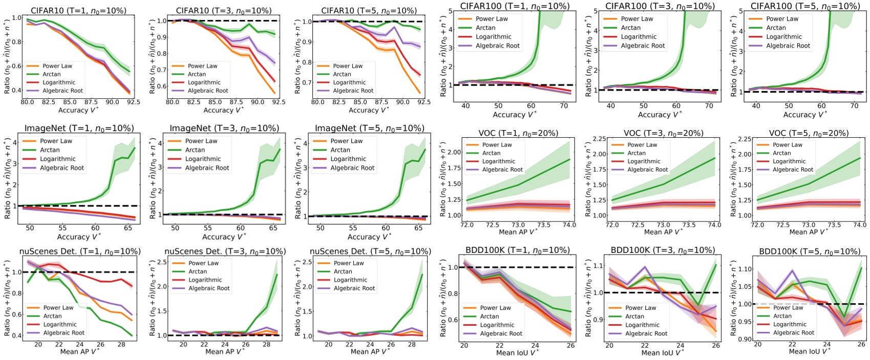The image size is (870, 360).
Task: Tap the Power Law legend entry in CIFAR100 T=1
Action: (492, 19)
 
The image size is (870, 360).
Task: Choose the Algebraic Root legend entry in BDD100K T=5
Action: (793, 333)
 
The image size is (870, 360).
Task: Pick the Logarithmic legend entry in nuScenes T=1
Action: (60, 325)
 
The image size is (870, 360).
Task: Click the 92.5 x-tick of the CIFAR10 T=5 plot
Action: (423, 102)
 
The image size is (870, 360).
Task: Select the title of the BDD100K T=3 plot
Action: (663, 250)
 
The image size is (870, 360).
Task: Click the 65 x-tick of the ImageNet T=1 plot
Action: (128, 228)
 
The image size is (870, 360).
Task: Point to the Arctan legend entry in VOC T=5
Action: (781, 153)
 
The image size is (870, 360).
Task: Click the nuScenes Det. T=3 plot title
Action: (225, 251)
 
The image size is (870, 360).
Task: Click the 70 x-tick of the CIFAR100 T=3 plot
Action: (709, 106)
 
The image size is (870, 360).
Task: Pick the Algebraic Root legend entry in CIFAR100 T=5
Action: (788, 46)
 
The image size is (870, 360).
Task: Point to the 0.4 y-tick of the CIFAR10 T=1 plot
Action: (16, 91)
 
